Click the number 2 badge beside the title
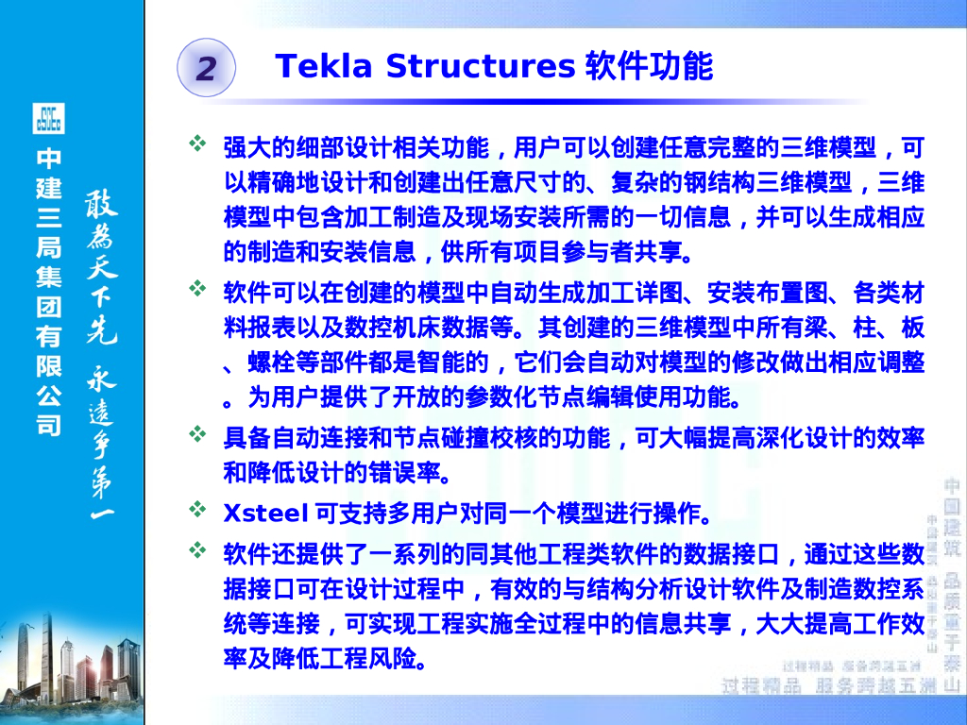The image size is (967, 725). coord(206,68)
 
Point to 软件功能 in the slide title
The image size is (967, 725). coord(649,67)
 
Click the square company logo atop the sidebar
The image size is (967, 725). coord(49,119)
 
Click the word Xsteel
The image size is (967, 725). coord(265,514)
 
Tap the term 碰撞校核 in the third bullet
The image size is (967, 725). coord(490,437)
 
